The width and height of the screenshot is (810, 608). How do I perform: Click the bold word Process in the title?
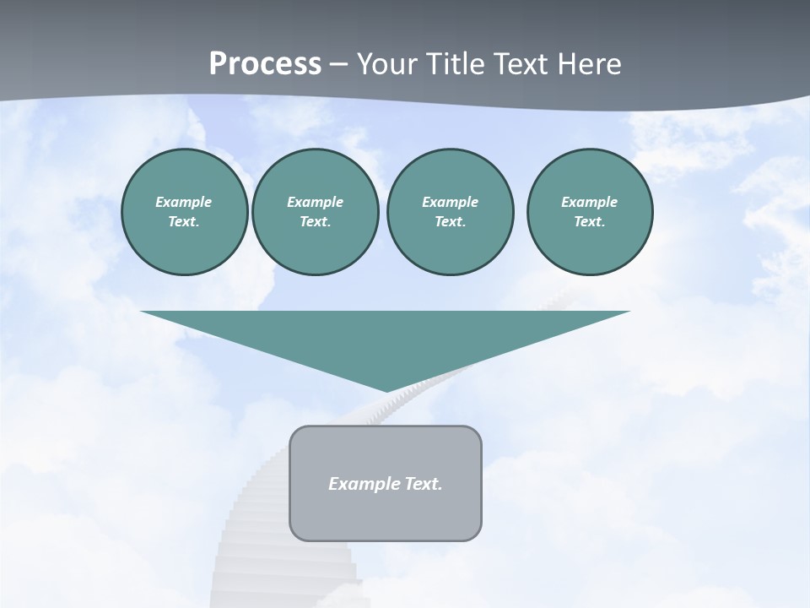coord(265,64)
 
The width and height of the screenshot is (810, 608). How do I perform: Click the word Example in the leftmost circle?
coord(184,202)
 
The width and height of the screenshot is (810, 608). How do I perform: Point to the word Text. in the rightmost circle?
coord(589,222)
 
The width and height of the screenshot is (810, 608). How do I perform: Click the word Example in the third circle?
coord(450,202)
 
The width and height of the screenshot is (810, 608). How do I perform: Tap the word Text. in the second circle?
coord(315,222)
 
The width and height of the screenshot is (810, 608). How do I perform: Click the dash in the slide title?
coord(338,64)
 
